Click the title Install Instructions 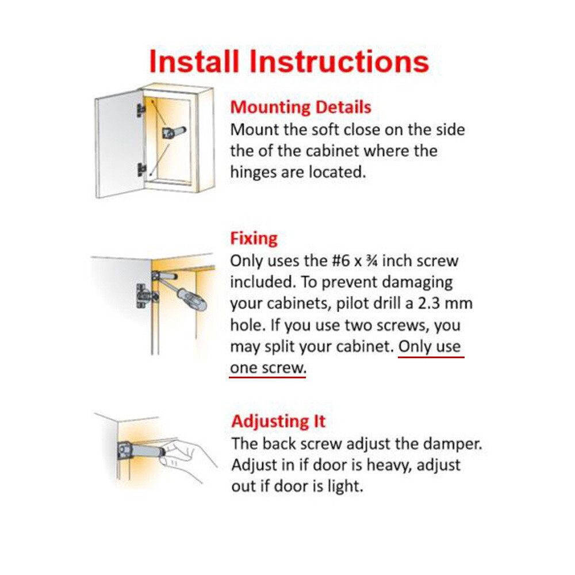289,62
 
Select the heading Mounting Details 301,108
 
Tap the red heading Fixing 254,238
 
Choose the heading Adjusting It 278,421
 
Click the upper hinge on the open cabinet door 140,110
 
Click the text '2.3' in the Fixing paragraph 435,304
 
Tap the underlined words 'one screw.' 267,368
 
